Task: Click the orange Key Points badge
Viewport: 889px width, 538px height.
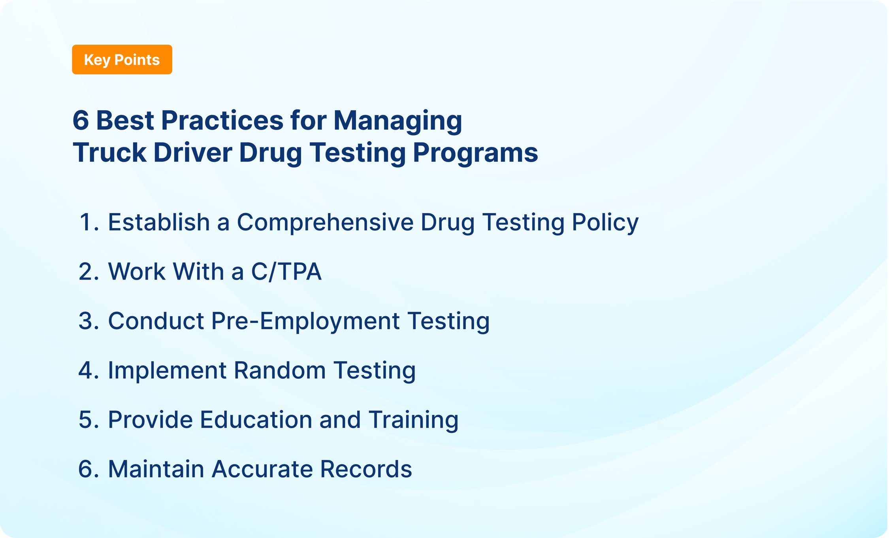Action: point(122,60)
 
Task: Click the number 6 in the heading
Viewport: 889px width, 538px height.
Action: point(81,120)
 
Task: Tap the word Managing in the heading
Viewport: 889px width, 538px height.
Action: point(397,121)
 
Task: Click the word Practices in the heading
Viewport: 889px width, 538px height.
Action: point(222,120)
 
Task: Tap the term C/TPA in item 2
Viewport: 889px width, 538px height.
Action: point(286,272)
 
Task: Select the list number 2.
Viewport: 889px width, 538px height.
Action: point(87,272)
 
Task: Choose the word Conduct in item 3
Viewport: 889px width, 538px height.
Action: point(156,321)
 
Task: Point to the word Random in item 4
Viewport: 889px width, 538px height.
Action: point(279,370)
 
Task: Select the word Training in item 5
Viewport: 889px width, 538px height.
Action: point(413,420)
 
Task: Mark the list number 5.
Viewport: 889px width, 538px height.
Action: point(87,419)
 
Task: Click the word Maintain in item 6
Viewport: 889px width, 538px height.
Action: point(156,469)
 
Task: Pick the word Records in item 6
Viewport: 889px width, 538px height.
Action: point(366,469)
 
